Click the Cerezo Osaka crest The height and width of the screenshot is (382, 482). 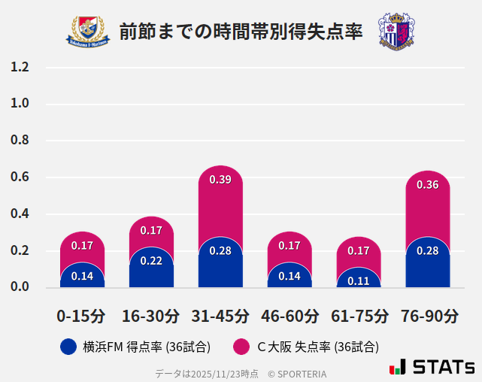tap(396, 31)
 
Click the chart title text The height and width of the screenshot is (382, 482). tap(241, 32)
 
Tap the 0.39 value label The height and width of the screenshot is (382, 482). tap(220, 180)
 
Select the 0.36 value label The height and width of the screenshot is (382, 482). tap(427, 184)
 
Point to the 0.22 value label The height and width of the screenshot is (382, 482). tap(151, 261)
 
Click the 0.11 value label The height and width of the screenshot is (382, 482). tap(359, 281)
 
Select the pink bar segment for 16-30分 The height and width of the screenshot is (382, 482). tap(151, 231)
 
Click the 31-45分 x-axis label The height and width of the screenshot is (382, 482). tap(220, 316)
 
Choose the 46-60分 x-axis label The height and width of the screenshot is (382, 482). tap(290, 316)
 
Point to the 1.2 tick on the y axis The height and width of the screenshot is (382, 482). tap(20, 68)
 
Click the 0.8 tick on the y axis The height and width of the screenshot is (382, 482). tap(20, 141)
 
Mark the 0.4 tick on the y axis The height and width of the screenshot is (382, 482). tap(20, 214)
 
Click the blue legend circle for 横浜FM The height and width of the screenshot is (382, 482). tap(68, 347)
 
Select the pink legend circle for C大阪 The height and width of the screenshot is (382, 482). tap(241, 347)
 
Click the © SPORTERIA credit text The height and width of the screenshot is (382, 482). tap(297, 374)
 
